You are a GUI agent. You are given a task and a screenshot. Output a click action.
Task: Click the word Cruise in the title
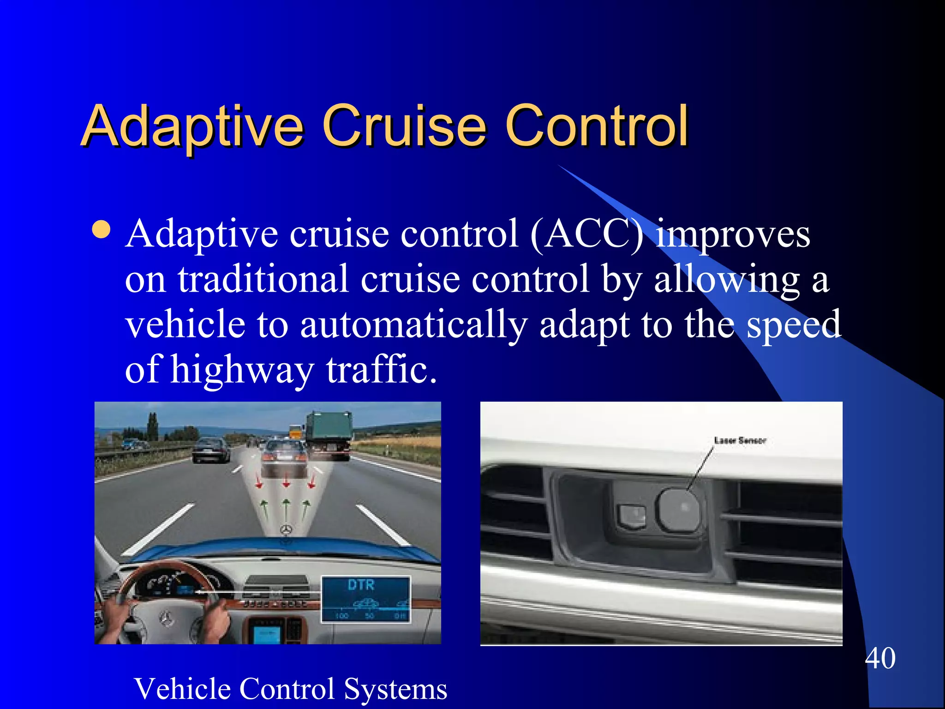404,126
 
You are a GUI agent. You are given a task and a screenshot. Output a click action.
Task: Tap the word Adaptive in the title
192,126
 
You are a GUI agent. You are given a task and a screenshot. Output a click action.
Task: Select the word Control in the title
596,126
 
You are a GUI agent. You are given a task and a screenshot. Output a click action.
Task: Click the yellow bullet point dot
101,229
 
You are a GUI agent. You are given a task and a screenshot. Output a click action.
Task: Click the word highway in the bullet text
242,370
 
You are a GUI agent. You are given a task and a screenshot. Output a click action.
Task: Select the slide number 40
880,658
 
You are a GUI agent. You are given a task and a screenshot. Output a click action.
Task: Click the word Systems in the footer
395,689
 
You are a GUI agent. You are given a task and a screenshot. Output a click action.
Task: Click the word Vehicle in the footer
183,689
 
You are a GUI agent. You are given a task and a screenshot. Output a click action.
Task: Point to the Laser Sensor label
740,440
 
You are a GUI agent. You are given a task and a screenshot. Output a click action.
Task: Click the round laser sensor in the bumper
679,509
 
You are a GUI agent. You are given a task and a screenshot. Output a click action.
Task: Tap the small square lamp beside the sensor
631,516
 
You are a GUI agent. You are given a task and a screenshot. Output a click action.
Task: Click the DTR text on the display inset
361,585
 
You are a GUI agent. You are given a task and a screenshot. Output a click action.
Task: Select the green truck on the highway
329,433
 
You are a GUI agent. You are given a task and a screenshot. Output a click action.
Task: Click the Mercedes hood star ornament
287,530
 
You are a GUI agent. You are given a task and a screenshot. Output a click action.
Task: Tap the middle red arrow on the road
286,481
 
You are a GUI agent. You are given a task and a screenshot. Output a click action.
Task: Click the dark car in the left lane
211,450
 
